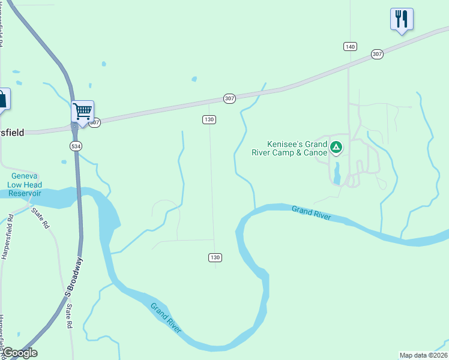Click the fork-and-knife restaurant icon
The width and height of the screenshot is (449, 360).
[x=401, y=19]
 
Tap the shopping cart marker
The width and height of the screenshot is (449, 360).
[x=82, y=110]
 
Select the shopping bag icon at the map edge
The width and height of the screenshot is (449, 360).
[x=3, y=100]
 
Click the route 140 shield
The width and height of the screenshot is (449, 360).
[x=351, y=46]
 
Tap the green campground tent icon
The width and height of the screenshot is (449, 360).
[x=337, y=146]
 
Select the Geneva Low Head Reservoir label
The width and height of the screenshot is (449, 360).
[x=24, y=185]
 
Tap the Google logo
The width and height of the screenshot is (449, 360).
[x=20, y=353]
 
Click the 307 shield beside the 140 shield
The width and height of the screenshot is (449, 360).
[x=377, y=54]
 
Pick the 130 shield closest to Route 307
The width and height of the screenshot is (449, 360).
[x=209, y=119]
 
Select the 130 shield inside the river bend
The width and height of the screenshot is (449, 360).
[x=215, y=257]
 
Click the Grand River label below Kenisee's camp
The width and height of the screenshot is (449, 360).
[x=311, y=212]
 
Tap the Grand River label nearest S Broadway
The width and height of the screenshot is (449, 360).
[x=166, y=319]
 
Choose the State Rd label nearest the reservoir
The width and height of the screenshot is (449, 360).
[x=41, y=218]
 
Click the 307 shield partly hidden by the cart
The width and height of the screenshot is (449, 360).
[x=95, y=122]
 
